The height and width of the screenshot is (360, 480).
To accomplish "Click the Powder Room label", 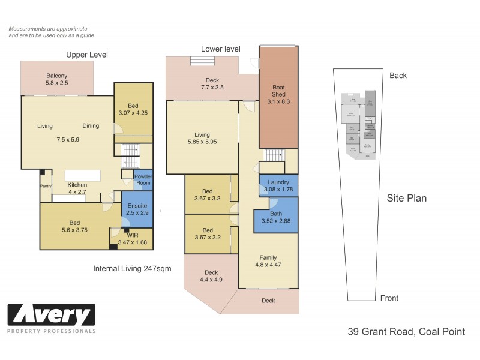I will (143, 179).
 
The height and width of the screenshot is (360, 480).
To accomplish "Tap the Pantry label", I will (46, 185).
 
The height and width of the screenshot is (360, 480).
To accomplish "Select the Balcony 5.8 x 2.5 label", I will (57, 79).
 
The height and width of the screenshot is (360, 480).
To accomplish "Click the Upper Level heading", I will (87, 55).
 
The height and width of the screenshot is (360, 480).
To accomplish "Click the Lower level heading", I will (220, 49).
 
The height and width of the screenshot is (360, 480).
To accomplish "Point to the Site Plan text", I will (406, 198).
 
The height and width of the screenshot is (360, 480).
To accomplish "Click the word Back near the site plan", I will (398, 76).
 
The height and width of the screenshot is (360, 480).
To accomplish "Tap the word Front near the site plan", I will (389, 298).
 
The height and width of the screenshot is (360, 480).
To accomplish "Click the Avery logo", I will (51, 315).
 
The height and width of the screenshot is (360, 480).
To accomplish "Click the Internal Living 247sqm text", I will (132, 269).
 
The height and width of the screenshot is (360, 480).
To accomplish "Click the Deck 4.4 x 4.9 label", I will (211, 275).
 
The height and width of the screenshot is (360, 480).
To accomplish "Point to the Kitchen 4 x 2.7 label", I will (77, 188).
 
